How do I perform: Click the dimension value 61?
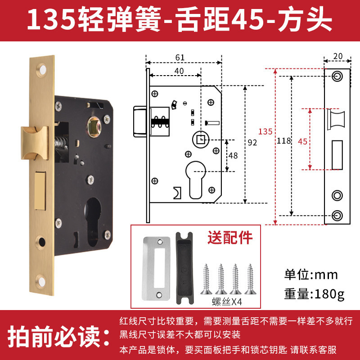click(180, 57)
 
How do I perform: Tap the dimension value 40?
click(179, 71)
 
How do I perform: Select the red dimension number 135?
click(265, 131)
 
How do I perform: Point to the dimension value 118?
click(284, 140)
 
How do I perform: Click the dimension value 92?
click(252, 143)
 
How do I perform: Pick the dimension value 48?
click(233, 156)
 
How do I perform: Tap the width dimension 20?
click(338, 56)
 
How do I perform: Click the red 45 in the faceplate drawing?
click(302, 141)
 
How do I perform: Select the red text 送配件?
click(230, 238)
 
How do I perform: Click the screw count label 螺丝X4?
click(227, 301)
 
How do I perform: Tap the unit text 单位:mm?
click(311, 274)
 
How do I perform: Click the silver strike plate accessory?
click(156, 268)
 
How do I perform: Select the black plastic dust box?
click(184, 268)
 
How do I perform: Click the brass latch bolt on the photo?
click(35, 143)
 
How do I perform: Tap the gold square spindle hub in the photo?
click(94, 127)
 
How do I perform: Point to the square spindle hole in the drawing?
click(201, 139)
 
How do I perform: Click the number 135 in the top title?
click(51, 19)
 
